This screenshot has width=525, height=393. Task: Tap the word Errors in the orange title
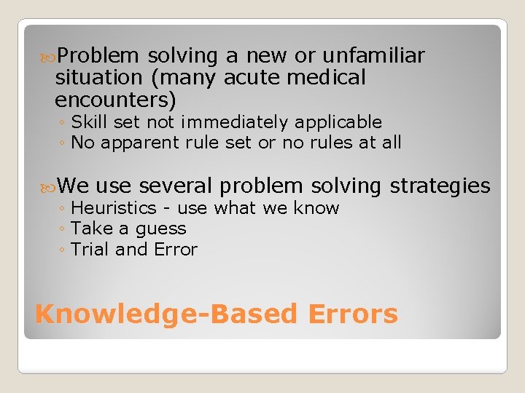click(x=353, y=314)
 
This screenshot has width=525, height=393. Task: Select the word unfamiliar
click(x=375, y=56)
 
